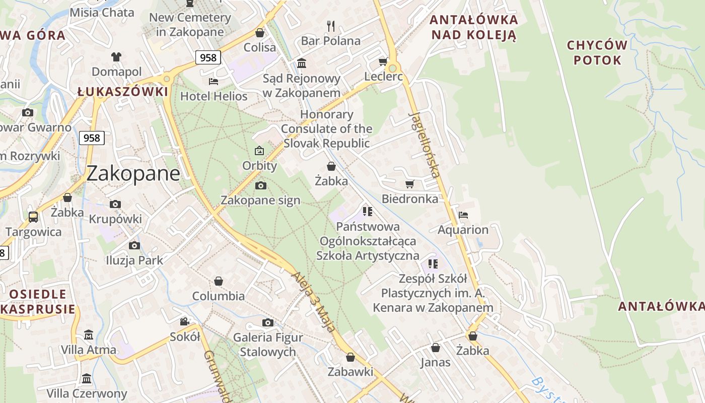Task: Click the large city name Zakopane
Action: pos(133,173)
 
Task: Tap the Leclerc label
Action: pos(384,77)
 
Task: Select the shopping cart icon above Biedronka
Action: pos(409,184)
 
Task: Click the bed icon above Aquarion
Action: pos(463,215)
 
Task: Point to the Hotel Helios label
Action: pos(214,96)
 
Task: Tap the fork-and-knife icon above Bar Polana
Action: pos(331,25)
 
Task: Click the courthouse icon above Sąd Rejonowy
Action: pos(302,63)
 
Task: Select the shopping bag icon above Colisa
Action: pos(260,33)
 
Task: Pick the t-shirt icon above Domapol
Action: pos(116,56)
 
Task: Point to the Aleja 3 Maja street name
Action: pos(313,302)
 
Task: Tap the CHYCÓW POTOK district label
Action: pos(597,52)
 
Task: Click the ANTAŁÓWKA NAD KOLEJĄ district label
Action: pos(473,27)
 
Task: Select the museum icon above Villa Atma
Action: pos(89,334)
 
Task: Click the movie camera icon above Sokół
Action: pos(185,321)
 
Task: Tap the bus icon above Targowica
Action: pos(33,217)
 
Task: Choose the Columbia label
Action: pos(219,296)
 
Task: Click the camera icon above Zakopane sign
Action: pos(260,185)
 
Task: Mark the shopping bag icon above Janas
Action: pos(436,348)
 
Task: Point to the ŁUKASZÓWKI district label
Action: pos(122,92)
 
